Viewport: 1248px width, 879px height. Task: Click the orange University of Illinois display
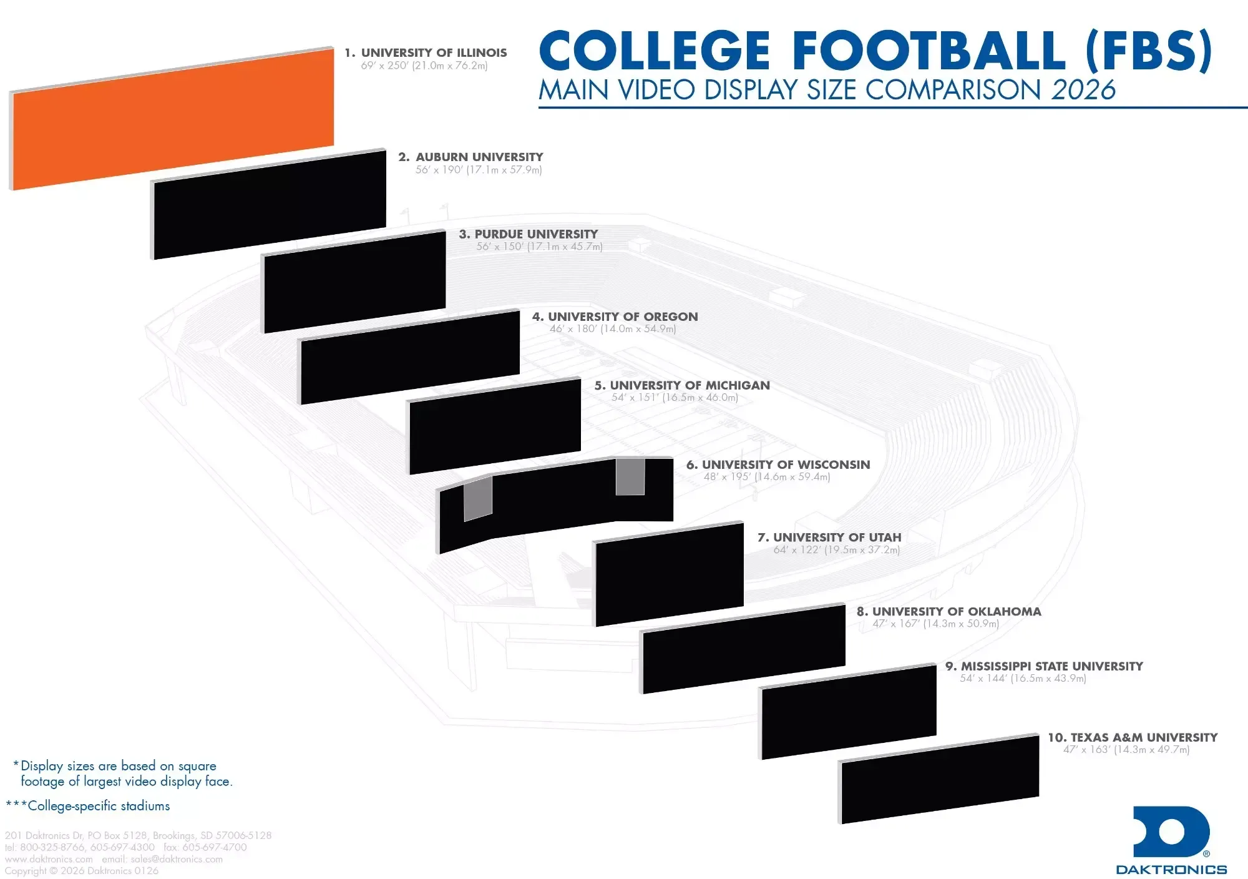point(172,119)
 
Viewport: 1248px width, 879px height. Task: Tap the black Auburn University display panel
point(270,204)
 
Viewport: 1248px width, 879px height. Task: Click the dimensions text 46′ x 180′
point(570,329)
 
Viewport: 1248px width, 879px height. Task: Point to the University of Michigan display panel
point(495,426)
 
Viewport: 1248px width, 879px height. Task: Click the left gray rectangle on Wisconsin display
point(478,498)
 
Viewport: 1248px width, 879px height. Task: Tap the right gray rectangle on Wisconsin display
point(630,477)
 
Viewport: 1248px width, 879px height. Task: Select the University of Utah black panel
point(670,574)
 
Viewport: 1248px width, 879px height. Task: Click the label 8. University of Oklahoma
point(948,611)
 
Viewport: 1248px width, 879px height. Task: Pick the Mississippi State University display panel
point(849,712)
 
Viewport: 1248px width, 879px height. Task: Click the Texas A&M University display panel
point(940,779)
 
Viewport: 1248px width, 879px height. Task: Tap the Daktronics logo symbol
point(1171,832)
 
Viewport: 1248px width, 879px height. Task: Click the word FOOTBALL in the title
point(930,51)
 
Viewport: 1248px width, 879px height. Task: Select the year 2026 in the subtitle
point(1083,90)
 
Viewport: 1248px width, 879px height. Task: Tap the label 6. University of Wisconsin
point(778,464)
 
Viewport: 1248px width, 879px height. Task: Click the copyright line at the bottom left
point(82,871)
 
